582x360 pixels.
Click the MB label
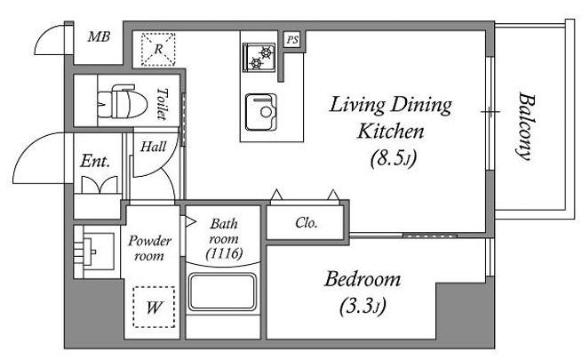pos(100,37)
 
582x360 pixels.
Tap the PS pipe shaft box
pos(292,40)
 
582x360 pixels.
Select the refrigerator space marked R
pos(158,50)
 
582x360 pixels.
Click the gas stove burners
pos(259,57)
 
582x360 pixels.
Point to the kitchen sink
pos(261,112)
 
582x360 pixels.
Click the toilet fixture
pos(116,101)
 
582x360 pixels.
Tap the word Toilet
pos(161,103)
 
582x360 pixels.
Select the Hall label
pos(154,147)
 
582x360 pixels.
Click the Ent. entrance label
pos(95,161)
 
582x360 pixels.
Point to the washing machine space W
pos(154,307)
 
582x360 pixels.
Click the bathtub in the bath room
pos(222,292)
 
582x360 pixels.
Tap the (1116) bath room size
pos(225,253)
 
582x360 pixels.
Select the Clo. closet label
pos(307,223)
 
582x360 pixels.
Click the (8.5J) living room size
pos(394,158)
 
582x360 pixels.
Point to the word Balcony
pos(525,126)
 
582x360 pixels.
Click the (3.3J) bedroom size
pos(363,307)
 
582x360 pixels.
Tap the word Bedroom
pos(363,279)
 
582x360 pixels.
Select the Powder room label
pos(149,248)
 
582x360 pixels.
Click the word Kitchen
pos(390,132)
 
